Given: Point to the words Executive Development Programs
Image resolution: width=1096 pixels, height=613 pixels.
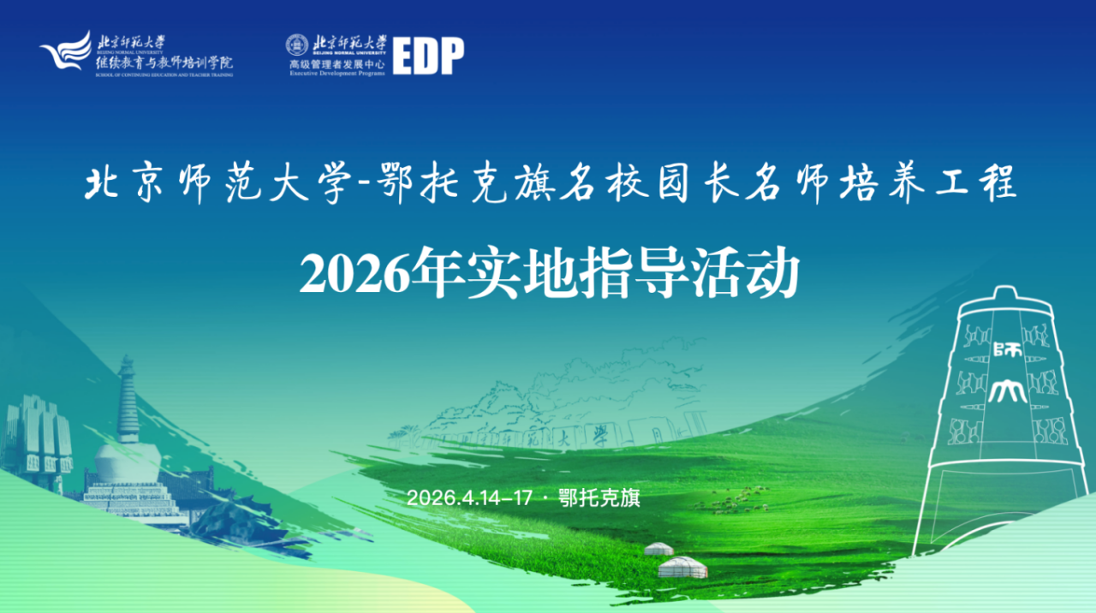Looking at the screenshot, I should coord(336,74).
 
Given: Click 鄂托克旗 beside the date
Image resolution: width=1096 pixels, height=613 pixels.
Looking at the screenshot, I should coord(599,498).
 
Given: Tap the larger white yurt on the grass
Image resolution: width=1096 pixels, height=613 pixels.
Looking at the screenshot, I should coord(682,567).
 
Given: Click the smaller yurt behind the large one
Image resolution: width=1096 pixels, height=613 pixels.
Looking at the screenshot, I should coord(658,548).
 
